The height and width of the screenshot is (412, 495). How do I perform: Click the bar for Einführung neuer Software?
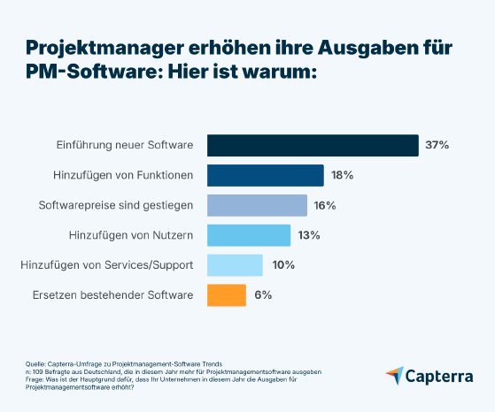click(x=313, y=145)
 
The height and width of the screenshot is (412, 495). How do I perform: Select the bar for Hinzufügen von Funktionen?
click(x=265, y=175)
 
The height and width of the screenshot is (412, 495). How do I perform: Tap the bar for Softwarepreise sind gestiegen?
click(x=257, y=205)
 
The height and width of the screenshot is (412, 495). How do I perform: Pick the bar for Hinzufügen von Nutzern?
click(x=249, y=235)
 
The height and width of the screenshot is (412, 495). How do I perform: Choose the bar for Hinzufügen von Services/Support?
click(x=235, y=265)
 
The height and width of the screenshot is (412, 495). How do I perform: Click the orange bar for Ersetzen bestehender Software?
click(x=226, y=294)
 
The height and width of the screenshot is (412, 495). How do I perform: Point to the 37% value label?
click(x=437, y=145)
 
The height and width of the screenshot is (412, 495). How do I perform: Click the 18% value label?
click(x=342, y=175)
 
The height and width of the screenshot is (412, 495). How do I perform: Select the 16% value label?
click(x=325, y=205)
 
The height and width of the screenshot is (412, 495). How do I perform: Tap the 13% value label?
click(x=309, y=235)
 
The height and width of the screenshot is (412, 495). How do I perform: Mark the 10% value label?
click(x=283, y=265)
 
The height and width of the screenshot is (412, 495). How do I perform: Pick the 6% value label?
click(x=263, y=294)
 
